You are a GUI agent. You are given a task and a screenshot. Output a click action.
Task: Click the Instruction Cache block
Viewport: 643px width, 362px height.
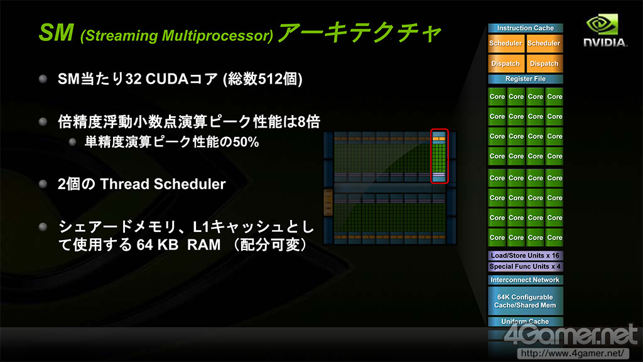pos(526,28)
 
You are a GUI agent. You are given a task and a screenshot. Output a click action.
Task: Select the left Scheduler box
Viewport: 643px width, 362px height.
pos(505,43)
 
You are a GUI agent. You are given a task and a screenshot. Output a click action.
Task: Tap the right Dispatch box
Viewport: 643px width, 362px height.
pos(544,63)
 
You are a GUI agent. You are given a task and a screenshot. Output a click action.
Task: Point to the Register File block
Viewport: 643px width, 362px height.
pos(526,79)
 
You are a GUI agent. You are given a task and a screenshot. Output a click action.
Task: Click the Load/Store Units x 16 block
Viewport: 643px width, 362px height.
pos(526,255)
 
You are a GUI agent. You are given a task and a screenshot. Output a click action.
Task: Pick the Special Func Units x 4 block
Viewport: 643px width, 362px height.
pos(526,266)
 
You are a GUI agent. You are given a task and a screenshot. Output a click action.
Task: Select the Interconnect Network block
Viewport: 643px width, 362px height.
pos(526,280)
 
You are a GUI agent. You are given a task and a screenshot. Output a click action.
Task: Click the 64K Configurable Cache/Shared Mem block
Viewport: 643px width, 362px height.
pos(526,301)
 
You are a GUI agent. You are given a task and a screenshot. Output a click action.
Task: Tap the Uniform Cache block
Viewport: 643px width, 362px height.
pos(526,321)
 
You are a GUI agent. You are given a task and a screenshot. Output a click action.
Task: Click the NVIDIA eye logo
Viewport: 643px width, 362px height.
pos(602,25)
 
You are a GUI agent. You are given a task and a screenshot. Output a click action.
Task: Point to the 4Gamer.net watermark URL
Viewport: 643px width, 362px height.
pos(572,353)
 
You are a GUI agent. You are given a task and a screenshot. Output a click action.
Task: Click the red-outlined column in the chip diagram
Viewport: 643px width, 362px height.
pos(439,156)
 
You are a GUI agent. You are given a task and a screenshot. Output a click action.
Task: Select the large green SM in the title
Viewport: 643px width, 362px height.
pos(57,33)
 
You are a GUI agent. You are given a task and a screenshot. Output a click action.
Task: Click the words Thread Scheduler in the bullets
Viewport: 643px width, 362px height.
pos(163,184)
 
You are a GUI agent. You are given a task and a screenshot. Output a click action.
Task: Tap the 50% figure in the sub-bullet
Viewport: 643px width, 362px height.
pos(246,142)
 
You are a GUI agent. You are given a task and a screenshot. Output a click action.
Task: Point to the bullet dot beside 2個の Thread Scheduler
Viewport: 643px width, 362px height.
pos(43,184)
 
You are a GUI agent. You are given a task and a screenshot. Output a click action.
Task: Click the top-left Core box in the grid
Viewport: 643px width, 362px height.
pos(497,97)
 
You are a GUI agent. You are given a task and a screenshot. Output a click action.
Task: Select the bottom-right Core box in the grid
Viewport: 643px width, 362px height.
pos(554,238)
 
